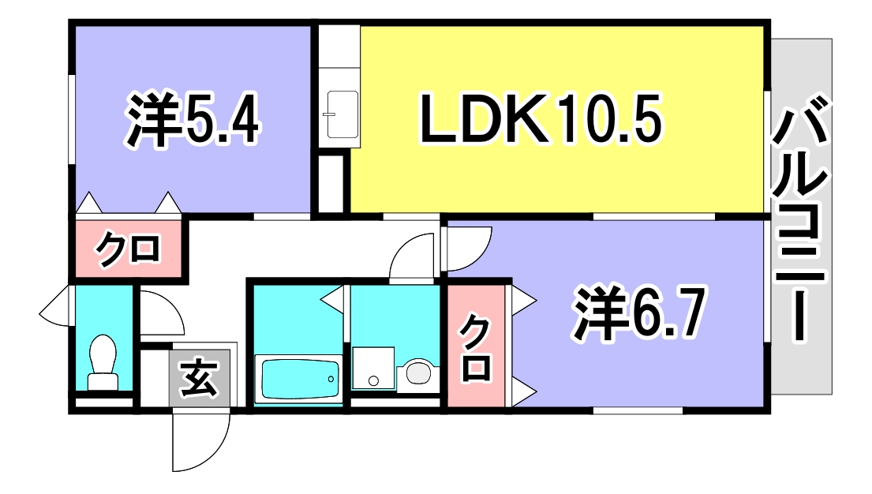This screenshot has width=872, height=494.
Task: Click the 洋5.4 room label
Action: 192,121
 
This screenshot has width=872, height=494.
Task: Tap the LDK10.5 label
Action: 540,121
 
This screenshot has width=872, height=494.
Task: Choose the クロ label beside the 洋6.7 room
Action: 476,347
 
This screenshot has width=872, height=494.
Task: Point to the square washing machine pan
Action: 372,369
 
